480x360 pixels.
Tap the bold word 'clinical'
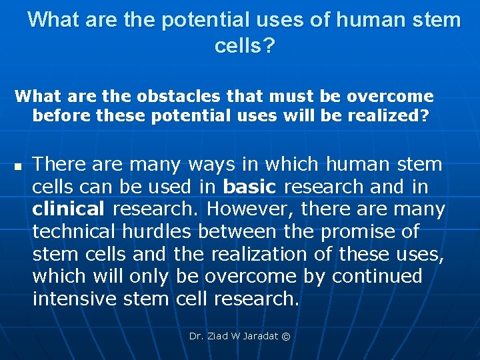click(x=69, y=209)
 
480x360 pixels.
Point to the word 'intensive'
click(x=75, y=299)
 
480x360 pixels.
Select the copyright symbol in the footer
click(x=287, y=337)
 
